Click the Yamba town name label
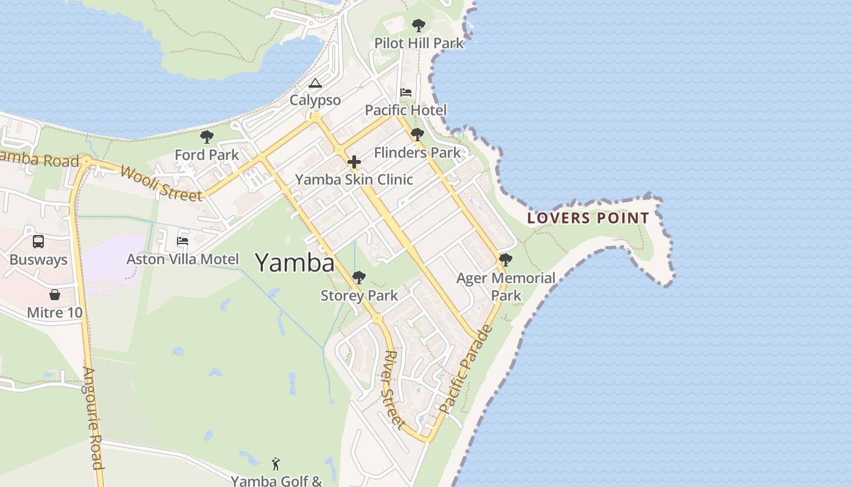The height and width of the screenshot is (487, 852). (295, 263)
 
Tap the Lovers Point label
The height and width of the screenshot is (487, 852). (588, 218)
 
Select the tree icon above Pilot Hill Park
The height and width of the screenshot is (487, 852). (418, 26)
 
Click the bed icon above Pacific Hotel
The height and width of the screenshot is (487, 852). (406, 93)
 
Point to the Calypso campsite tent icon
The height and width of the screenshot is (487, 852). (315, 83)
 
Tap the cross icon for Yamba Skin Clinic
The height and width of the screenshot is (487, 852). (354, 162)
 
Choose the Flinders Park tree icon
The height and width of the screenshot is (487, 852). (417, 135)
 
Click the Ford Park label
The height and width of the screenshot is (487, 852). (207, 155)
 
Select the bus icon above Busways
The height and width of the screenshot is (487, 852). (38, 242)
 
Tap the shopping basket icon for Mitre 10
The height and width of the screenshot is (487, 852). (55, 295)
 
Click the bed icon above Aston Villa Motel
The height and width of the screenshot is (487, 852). (182, 241)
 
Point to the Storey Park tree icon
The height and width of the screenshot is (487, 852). (359, 278)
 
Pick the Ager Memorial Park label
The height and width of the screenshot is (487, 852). (506, 287)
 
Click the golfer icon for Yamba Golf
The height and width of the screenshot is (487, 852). (276, 464)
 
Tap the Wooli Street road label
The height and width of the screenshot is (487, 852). (161, 183)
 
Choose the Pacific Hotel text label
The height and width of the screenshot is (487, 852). (405, 110)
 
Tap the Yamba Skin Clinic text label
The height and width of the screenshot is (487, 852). (354, 180)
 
